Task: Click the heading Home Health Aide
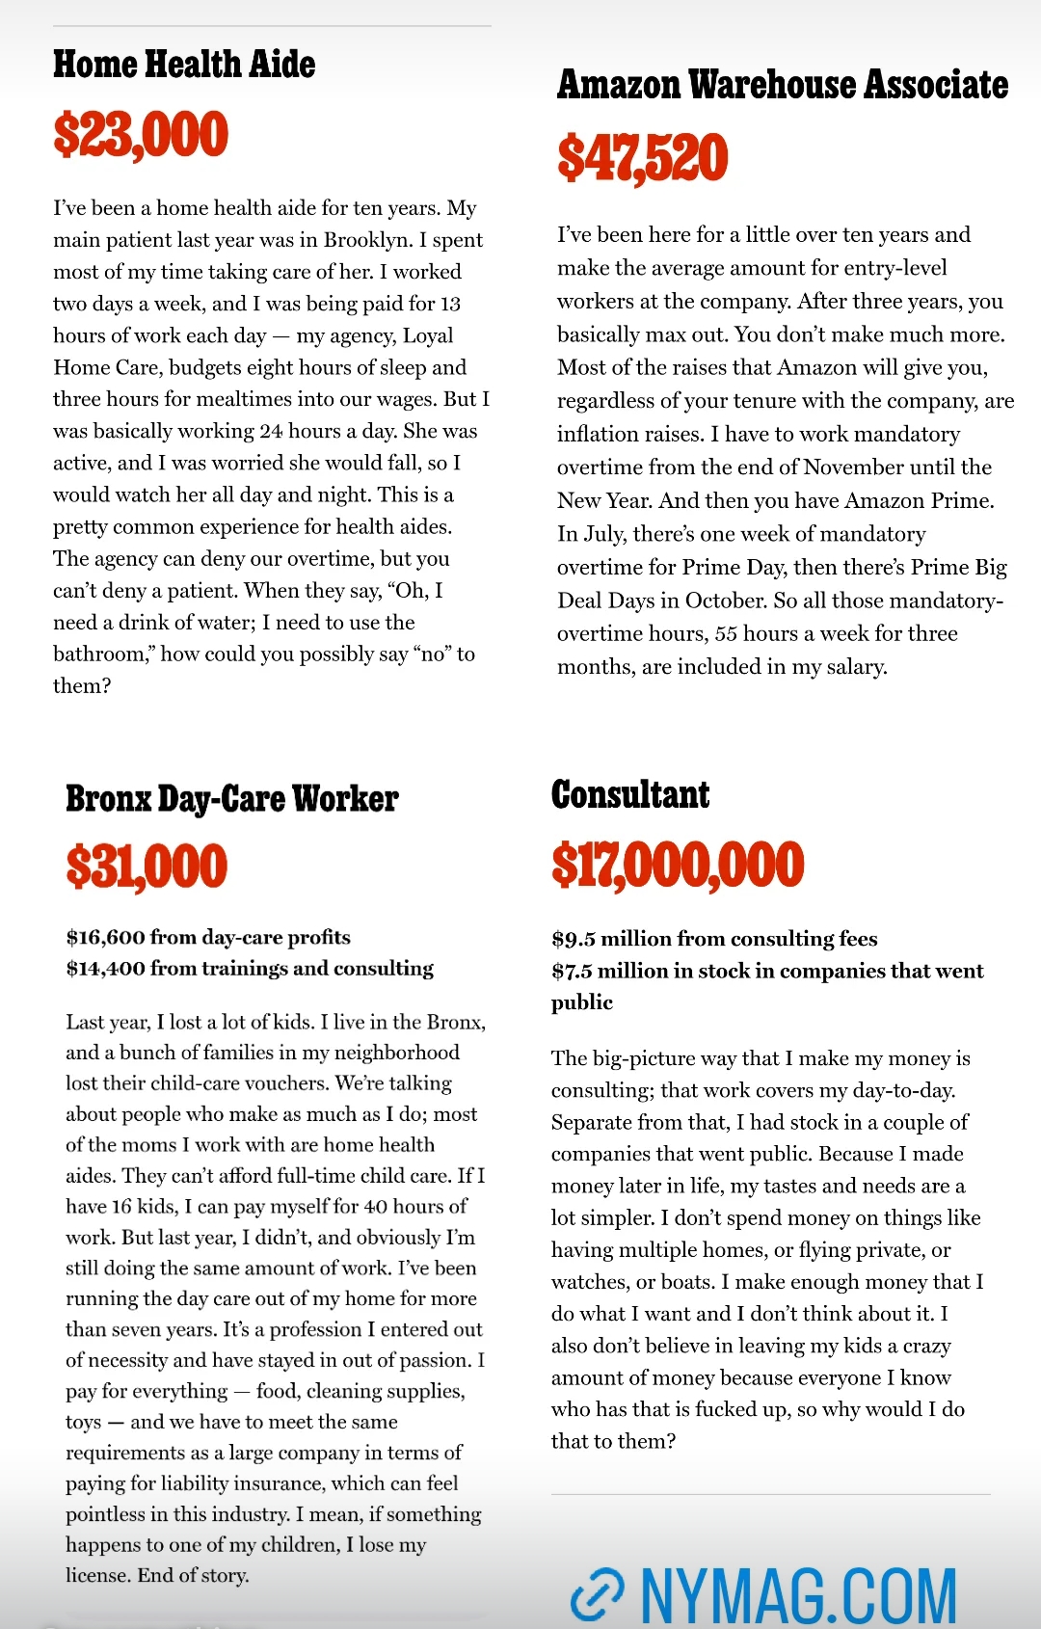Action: [x=184, y=65]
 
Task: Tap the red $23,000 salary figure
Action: [x=141, y=134]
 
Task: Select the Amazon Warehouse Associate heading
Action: [x=782, y=85]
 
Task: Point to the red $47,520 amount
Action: [x=642, y=158]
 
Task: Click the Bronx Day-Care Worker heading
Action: [x=231, y=799]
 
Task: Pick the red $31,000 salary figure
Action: [x=147, y=866]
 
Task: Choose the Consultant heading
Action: [x=630, y=795]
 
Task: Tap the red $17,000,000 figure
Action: [x=678, y=865]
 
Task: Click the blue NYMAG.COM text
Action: [x=798, y=1595]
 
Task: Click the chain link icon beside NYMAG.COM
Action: [x=597, y=1595]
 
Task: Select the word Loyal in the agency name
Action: [x=428, y=335]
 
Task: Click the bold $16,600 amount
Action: [x=105, y=938]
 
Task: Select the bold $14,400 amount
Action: [x=105, y=969]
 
